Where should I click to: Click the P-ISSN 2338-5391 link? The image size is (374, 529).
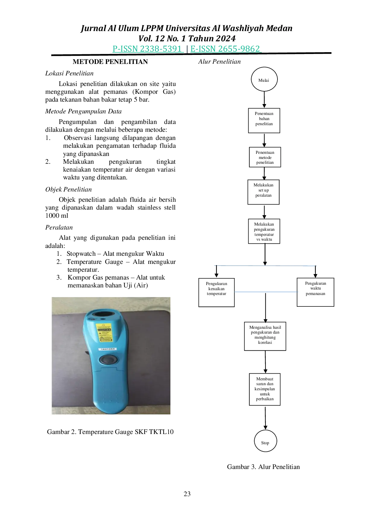[x=148, y=49]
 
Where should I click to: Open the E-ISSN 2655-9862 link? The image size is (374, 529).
[x=226, y=49]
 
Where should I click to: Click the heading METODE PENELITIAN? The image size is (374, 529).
[x=110, y=62]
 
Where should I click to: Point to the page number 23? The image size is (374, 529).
[x=187, y=494]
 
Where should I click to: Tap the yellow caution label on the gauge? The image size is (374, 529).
[x=104, y=332]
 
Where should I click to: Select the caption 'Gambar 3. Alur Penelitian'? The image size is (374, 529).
[x=263, y=467]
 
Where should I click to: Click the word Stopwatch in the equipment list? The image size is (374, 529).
[x=81, y=254]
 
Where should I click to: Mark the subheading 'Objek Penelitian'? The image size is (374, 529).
[x=68, y=189]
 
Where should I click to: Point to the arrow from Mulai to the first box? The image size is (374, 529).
[x=264, y=100]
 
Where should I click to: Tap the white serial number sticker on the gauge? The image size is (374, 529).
[x=108, y=349]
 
